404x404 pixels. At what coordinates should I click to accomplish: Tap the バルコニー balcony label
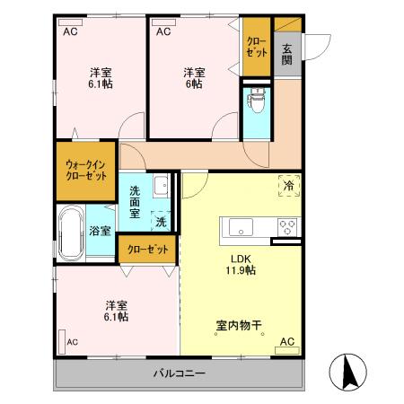point(178,373)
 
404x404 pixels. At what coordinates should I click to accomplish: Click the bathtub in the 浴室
point(71,231)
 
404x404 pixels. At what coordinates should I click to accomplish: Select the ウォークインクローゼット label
point(85,170)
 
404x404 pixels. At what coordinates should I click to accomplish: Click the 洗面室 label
point(135,197)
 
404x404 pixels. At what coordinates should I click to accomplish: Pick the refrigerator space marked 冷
point(289,185)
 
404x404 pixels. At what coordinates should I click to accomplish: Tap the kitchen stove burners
point(288,225)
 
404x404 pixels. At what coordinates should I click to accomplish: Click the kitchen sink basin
point(239,227)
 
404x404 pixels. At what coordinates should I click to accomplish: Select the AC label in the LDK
point(287,341)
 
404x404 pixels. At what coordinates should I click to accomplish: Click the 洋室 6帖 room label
point(193,78)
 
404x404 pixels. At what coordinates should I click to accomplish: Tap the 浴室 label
point(100,231)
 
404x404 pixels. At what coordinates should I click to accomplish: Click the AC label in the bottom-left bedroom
point(72,341)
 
